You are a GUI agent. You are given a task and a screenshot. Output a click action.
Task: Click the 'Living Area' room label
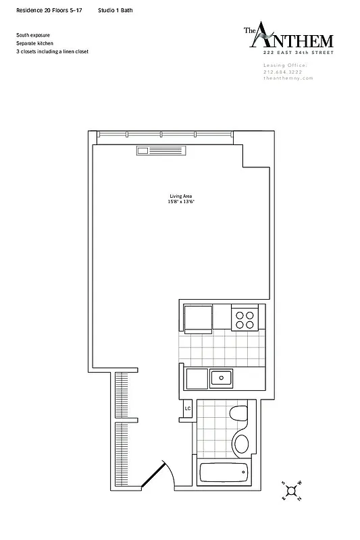(180, 196)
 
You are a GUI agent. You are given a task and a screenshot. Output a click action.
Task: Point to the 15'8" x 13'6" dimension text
(180, 202)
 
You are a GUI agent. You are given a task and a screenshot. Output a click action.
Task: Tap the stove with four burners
(244, 319)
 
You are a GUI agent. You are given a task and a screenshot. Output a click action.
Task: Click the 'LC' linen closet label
(188, 408)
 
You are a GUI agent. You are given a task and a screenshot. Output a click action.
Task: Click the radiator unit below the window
(161, 151)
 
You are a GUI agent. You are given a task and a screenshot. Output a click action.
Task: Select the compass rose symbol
(292, 491)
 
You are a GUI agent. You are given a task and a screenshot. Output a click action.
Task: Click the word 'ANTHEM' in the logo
(294, 40)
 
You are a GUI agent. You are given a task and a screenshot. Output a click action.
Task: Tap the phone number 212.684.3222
(284, 72)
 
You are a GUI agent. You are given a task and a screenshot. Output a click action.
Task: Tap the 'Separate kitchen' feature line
(35, 43)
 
